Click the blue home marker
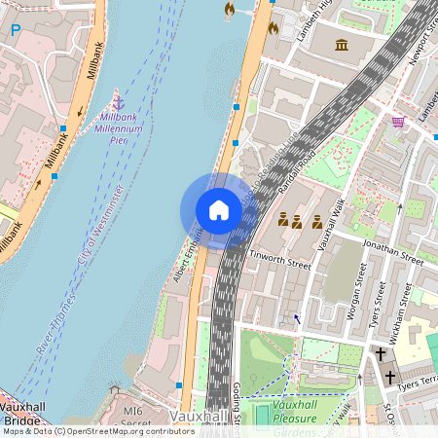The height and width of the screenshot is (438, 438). (x=219, y=209)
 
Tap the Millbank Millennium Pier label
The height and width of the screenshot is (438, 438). (x=121, y=128)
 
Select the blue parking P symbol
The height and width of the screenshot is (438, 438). (x=15, y=30)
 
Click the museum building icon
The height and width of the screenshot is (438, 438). (x=342, y=46)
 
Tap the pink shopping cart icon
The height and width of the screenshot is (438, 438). (x=397, y=122)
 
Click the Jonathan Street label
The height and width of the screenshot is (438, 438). (x=392, y=251)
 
